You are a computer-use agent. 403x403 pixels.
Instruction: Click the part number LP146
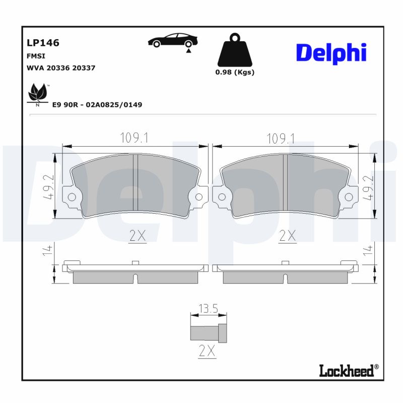tap(43, 43)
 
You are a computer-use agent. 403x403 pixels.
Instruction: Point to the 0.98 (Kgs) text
tap(234, 72)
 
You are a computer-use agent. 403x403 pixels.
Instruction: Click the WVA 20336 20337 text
tap(60, 68)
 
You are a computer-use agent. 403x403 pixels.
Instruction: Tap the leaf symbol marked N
tap(38, 94)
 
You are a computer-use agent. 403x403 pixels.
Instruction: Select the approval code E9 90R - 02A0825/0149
tap(97, 105)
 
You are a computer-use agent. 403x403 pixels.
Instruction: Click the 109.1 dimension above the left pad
tap(134, 138)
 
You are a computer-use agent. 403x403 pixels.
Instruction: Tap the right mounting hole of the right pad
tap(348, 196)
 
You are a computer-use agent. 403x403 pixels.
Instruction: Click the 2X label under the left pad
tap(137, 235)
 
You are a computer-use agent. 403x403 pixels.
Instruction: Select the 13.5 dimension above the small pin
tap(208, 309)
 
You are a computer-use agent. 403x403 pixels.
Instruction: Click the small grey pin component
tap(208, 333)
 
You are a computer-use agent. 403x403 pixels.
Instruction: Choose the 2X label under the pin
tap(206, 351)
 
